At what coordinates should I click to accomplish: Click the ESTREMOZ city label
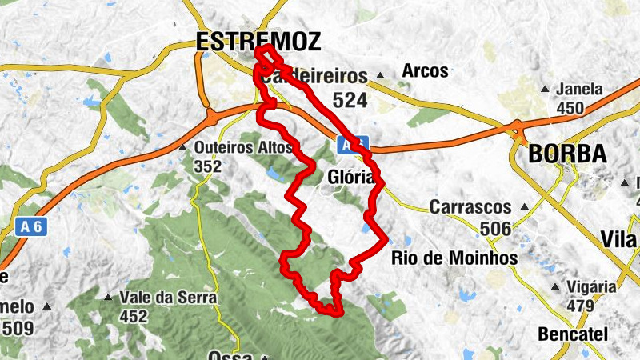tap(258, 42)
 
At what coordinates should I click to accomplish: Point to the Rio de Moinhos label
tap(454, 258)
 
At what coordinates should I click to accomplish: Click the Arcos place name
tap(425, 71)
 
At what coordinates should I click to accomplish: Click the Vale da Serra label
tap(168, 298)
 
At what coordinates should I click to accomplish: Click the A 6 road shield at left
tap(30, 226)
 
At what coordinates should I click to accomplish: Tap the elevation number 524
tap(350, 100)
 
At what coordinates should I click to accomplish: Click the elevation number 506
tap(495, 229)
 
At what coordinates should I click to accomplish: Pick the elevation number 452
tap(133, 317)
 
